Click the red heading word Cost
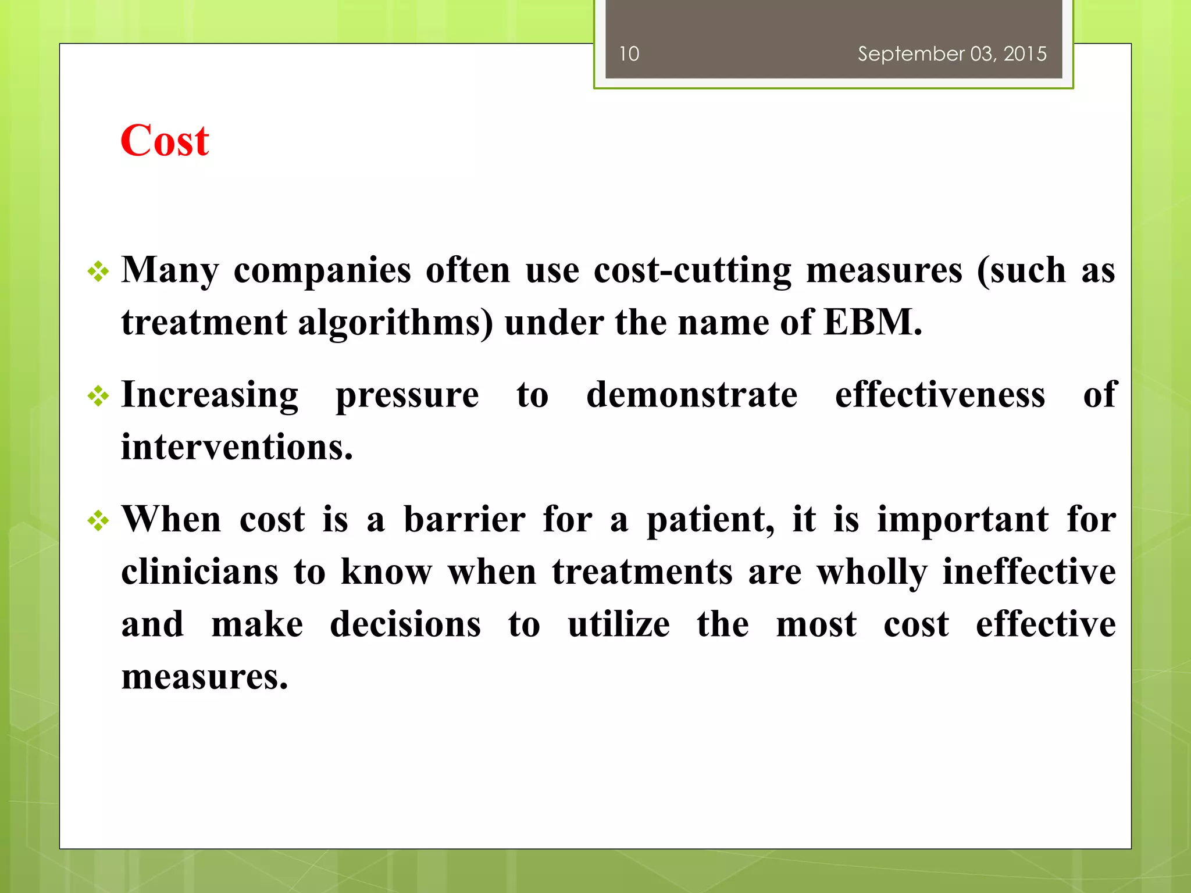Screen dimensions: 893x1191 165,141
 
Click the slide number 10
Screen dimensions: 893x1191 629,54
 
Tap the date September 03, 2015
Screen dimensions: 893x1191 952,54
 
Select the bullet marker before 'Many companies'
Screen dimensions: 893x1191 98,272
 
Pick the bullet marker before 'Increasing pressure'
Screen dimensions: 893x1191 98,397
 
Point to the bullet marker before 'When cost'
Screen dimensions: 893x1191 98,520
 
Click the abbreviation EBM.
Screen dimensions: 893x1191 872,322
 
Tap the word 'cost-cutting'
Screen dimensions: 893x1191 692,271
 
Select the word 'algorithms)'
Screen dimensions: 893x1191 395,323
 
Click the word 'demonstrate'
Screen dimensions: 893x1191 691,395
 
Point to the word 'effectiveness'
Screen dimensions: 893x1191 940,395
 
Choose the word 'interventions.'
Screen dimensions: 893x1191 237,447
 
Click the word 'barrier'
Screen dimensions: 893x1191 465,519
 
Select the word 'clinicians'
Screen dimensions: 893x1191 200,572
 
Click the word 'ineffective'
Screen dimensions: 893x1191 1029,572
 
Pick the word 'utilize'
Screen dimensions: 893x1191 619,624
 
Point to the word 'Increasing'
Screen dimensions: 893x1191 210,396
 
